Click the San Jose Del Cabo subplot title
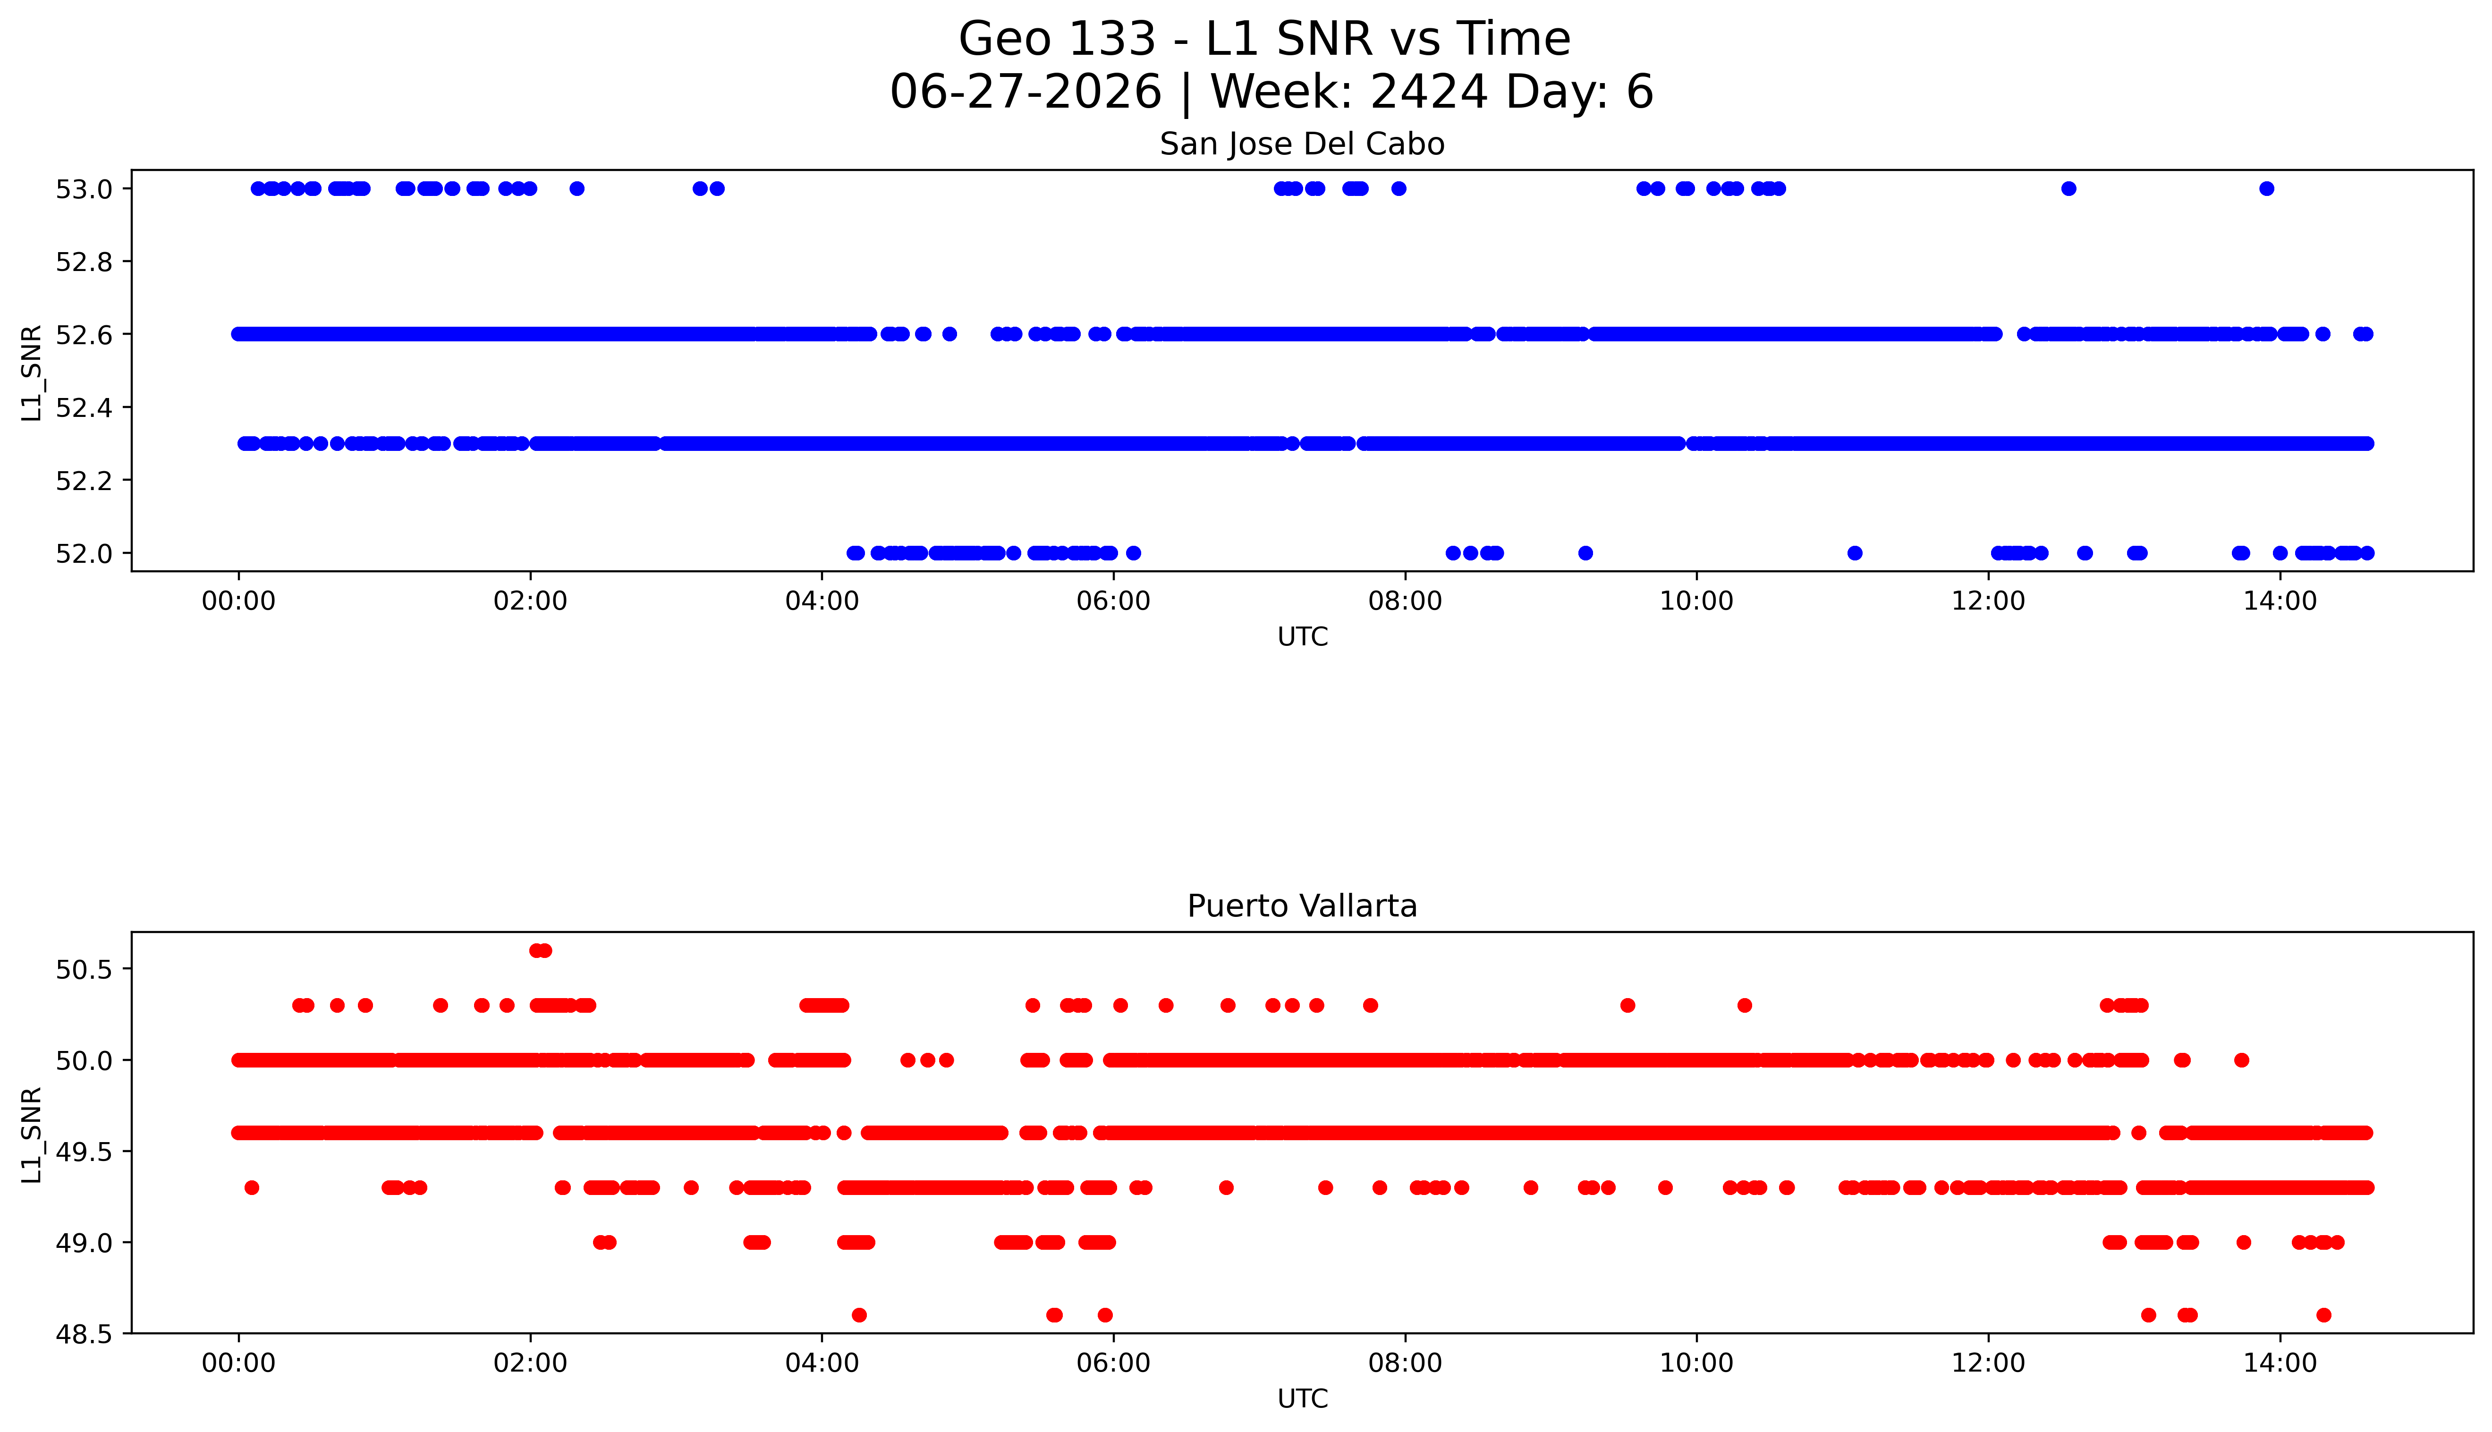1302,144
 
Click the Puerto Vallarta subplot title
1302,906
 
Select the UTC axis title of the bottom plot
1302,1398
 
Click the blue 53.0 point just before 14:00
2267,189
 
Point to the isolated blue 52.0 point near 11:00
1855,553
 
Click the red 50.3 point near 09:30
1627,1005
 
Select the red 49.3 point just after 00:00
252,1188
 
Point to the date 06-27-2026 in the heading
1026,93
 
